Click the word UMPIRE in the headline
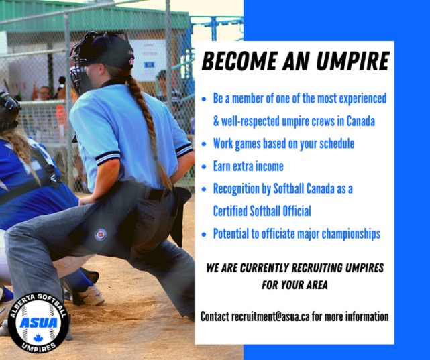(x=353, y=61)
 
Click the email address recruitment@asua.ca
(x=270, y=316)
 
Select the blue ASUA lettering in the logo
(x=38, y=322)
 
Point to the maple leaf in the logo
(x=38, y=338)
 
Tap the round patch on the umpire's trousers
(x=101, y=235)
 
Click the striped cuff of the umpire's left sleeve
(x=107, y=158)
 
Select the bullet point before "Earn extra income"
(x=204, y=166)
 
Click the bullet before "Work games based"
(x=204, y=144)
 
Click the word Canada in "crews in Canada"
(x=360, y=121)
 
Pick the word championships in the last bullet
(x=351, y=234)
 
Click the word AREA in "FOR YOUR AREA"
(x=317, y=285)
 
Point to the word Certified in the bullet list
(x=230, y=211)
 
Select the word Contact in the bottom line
(x=215, y=316)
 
